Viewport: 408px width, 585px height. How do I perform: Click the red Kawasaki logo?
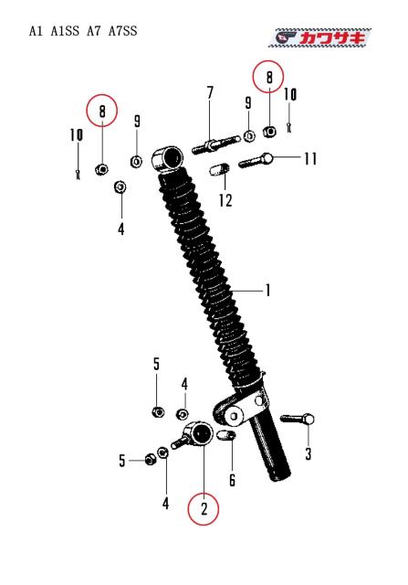click(x=319, y=37)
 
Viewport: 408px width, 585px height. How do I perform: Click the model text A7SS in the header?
click(x=123, y=30)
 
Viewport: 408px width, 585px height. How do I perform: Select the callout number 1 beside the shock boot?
click(x=268, y=291)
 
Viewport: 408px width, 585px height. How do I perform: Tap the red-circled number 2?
click(x=204, y=509)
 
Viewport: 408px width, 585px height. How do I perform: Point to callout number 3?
click(x=309, y=454)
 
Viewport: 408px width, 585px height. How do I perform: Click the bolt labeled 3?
click(x=297, y=420)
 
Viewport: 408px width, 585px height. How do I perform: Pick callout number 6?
click(x=232, y=480)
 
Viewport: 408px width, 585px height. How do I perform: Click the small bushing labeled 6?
click(x=225, y=435)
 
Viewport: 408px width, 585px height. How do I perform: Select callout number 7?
click(x=210, y=93)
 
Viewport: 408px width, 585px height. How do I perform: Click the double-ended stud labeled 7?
click(x=215, y=144)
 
